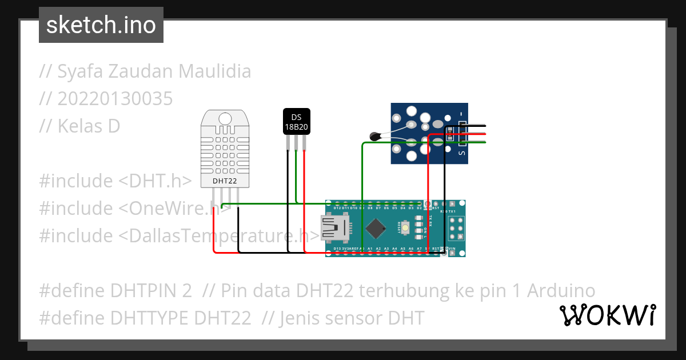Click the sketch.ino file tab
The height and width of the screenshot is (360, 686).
[x=101, y=25]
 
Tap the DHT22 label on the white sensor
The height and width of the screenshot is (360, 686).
[x=225, y=181]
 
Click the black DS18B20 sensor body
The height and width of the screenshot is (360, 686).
[x=296, y=121]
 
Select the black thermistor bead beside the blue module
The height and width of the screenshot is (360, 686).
[x=375, y=136]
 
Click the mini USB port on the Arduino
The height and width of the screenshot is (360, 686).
[x=334, y=228]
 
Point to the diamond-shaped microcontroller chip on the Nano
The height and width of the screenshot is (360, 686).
[x=376, y=228]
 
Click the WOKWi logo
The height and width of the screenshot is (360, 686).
[x=607, y=315]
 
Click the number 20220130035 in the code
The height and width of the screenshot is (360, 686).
[x=115, y=99]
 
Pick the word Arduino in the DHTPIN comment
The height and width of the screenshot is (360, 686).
[x=561, y=290]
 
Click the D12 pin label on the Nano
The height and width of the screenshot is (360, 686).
[x=337, y=208]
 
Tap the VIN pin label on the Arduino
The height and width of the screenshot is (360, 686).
[x=452, y=249]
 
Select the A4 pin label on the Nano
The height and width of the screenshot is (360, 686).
[x=394, y=249]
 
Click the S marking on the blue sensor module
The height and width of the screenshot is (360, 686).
[x=462, y=152]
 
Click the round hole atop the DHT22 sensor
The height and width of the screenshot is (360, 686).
[x=225, y=118]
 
